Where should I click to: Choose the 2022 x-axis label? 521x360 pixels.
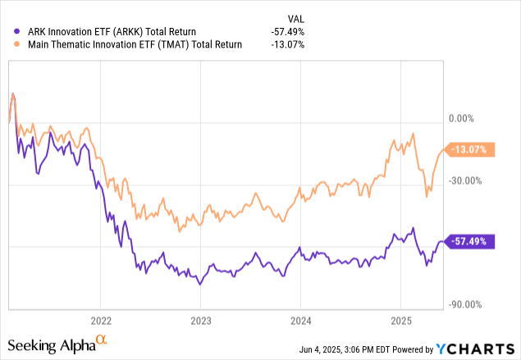(x=100, y=321)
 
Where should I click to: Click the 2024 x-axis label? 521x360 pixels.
(x=300, y=321)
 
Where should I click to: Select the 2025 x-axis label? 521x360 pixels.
(x=400, y=321)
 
